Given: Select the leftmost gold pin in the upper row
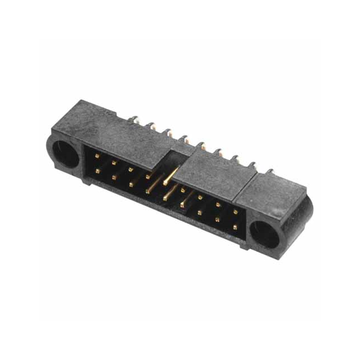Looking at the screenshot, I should pos(97,155).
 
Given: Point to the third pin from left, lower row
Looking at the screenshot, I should pos(130,183).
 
